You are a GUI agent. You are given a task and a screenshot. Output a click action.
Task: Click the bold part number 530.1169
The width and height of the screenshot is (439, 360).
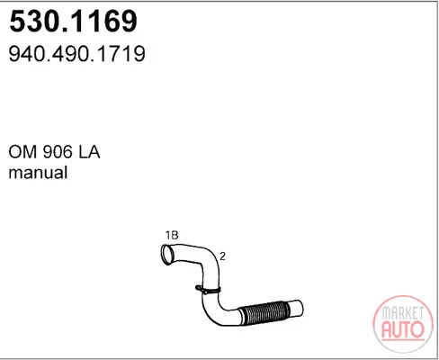[x=74, y=21]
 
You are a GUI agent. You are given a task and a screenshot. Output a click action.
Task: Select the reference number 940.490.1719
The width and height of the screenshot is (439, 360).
[x=77, y=54]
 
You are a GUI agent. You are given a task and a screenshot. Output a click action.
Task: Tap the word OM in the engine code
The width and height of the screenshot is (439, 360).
[x=23, y=152]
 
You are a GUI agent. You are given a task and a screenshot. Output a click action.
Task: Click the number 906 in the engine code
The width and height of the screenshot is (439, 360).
[x=58, y=152]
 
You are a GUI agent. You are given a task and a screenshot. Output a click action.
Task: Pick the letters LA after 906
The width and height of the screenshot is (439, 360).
[x=89, y=152]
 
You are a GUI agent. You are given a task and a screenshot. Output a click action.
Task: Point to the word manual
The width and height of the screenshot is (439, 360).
[x=38, y=173]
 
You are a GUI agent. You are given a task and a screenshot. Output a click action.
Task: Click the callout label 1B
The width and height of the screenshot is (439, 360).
[x=172, y=235]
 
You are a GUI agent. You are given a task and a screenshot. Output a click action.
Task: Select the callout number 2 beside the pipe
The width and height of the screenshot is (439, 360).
[x=222, y=256]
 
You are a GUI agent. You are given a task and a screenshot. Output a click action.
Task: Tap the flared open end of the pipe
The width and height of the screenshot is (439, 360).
[x=167, y=255]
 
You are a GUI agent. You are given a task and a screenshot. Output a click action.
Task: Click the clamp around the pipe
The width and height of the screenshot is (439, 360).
[x=208, y=290]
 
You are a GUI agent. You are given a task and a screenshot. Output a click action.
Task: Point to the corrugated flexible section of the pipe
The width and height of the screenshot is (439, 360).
[x=265, y=313]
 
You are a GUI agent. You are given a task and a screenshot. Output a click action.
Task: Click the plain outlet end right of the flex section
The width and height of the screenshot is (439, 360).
[x=296, y=309]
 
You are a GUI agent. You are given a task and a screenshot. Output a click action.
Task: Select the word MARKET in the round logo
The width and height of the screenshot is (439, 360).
[x=403, y=313]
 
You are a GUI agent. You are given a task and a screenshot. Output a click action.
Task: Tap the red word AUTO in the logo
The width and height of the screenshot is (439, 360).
[x=403, y=330]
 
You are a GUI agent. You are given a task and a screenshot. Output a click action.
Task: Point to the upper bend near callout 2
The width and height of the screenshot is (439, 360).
[x=210, y=259]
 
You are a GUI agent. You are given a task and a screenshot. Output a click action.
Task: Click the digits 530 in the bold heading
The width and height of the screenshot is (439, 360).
[x=33, y=21]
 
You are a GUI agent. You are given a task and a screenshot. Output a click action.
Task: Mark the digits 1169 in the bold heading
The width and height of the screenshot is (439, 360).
[x=102, y=21]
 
